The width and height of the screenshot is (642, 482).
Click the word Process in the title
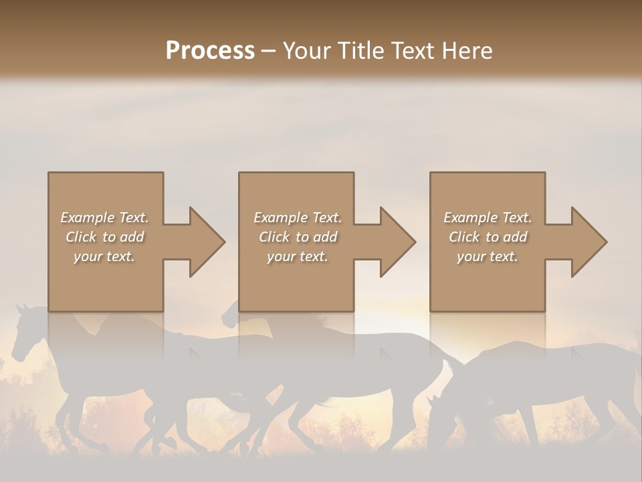click(x=210, y=51)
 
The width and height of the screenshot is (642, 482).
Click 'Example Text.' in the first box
click(x=105, y=218)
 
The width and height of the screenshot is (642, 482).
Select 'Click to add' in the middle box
click(x=298, y=237)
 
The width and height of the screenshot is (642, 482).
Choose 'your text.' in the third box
click(x=487, y=256)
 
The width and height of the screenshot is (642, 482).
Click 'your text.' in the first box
click(x=105, y=256)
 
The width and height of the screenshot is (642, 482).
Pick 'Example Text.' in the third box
click(x=487, y=218)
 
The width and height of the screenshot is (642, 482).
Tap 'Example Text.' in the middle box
click(x=298, y=218)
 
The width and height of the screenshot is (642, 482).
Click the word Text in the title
click(x=417, y=51)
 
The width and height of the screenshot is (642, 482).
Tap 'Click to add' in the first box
click(x=105, y=237)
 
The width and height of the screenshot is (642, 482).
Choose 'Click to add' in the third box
click(x=487, y=237)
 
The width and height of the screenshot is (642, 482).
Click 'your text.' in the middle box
click(x=298, y=256)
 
